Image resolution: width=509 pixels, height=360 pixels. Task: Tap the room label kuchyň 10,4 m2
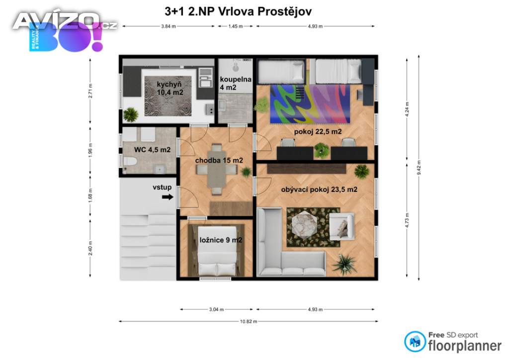point(163,88)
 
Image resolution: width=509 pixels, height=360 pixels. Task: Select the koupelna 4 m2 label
point(236,83)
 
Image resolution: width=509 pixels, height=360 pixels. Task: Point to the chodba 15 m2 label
point(219,160)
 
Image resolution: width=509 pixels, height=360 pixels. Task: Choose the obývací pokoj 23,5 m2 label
point(319,189)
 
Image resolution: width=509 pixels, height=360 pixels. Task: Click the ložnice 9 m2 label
point(221,241)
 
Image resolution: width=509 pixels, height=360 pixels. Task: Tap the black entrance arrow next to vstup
point(168,197)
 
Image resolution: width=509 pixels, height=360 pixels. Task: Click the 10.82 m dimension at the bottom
point(248,322)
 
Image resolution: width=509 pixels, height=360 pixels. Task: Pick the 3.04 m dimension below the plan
point(215,310)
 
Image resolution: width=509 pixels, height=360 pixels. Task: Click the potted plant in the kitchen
point(131,115)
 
